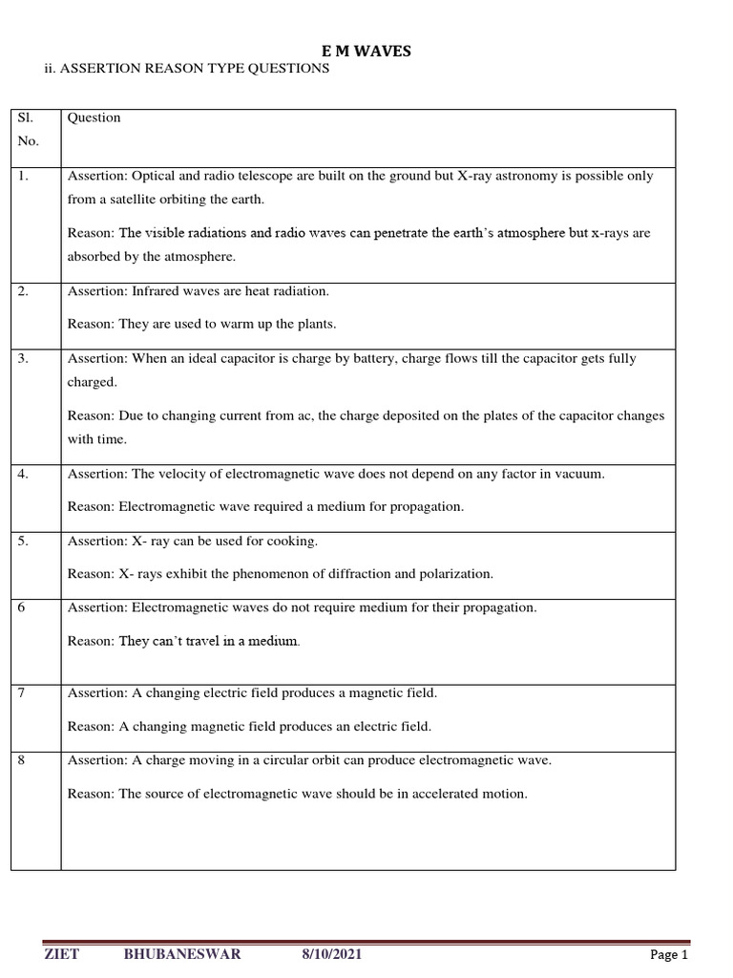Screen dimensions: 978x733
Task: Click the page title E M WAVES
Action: [x=366, y=52]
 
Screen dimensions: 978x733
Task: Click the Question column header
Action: [x=94, y=117]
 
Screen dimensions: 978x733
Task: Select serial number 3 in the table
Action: [x=23, y=359]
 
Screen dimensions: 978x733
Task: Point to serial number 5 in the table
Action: [x=23, y=542]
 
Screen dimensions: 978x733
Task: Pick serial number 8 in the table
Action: [x=21, y=760]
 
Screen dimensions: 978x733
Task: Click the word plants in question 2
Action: [x=315, y=324]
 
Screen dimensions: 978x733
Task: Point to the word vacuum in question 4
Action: [x=580, y=474]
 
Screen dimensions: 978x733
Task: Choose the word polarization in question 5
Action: [x=454, y=574]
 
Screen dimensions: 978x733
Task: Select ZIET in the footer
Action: [x=61, y=954]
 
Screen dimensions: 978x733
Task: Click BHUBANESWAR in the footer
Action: [x=181, y=954]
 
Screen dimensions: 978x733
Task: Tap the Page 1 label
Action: [x=669, y=954]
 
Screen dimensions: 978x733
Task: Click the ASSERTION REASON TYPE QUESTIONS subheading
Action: [x=194, y=70]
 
